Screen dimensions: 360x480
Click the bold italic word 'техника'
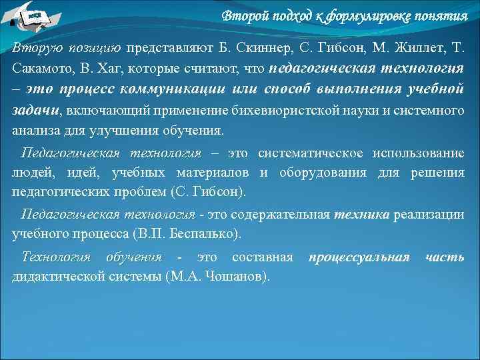(362, 215)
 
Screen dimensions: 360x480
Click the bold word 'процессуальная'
(359, 257)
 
